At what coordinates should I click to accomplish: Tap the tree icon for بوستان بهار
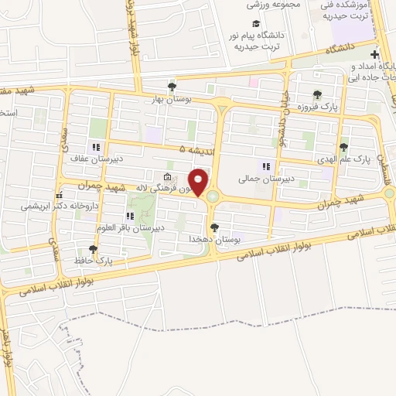click(x=172, y=86)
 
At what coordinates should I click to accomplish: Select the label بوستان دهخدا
click(x=213, y=241)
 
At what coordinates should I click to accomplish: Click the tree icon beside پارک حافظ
click(x=94, y=249)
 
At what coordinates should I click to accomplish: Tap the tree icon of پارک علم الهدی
click(x=343, y=147)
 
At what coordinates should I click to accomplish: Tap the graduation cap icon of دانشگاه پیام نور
click(x=256, y=23)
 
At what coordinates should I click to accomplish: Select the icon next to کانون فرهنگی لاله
click(x=169, y=176)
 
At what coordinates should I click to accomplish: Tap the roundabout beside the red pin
click(x=212, y=198)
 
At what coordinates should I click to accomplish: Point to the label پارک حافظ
click(x=94, y=261)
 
